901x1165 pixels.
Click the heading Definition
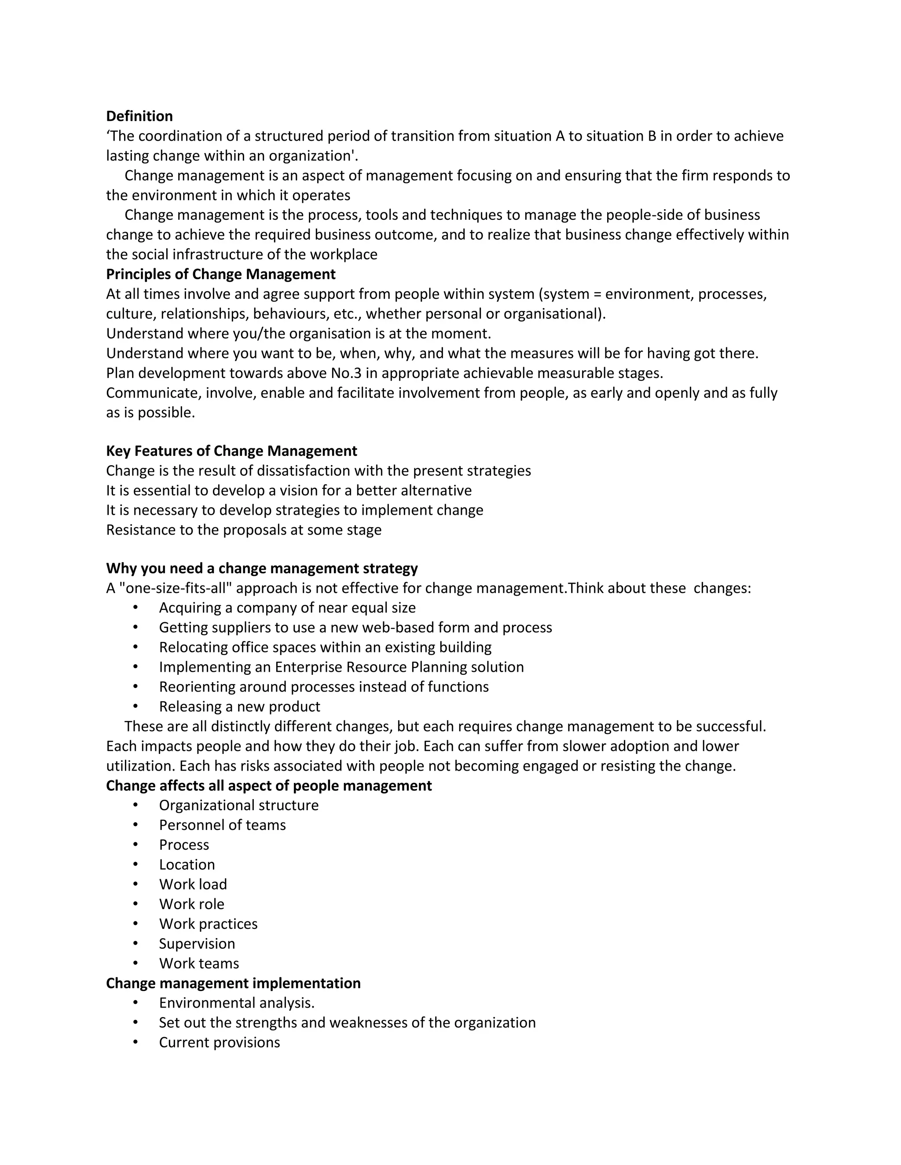[139, 116]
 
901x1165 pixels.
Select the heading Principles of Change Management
[220, 274]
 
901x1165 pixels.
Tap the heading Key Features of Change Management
[231, 451]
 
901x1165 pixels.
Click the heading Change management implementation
[233, 983]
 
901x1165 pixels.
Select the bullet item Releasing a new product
[239, 707]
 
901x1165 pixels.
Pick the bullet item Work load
[193, 885]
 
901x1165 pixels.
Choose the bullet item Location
[187, 865]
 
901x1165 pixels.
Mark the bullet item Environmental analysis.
[236, 1003]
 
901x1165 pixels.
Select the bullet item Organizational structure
[238, 805]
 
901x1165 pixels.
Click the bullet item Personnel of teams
[222, 825]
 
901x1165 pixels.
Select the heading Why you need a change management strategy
[262, 568]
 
